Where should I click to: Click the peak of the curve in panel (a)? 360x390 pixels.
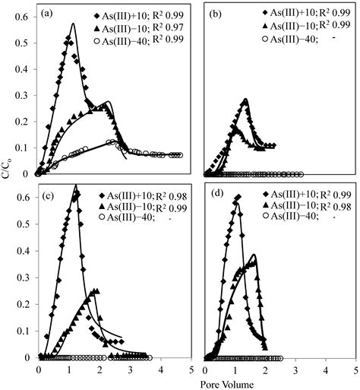coord(73,24)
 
